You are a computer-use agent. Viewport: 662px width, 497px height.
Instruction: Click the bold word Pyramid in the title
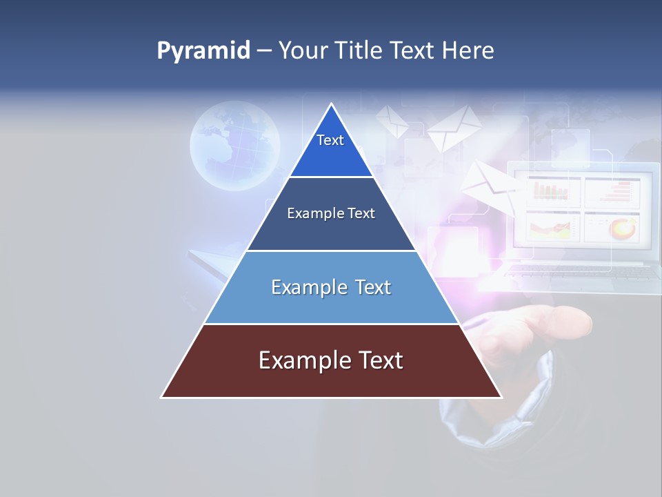point(203,51)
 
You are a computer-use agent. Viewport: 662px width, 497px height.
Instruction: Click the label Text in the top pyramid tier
point(330,140)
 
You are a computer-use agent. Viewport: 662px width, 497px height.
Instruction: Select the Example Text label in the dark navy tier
point(331,213)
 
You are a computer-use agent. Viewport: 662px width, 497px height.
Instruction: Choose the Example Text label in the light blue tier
point(331,287)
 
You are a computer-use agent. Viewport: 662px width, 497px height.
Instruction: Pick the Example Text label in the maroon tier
point(331,360)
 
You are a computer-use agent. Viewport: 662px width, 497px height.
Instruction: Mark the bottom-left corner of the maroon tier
point(162,397)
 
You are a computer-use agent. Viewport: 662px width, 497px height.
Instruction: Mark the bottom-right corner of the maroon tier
point(501,397)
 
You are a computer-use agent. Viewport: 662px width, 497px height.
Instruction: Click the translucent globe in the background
point(234,146)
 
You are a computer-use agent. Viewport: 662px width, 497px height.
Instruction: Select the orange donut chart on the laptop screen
point(623,228)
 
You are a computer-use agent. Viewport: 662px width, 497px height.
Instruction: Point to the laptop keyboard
point(583,273)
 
